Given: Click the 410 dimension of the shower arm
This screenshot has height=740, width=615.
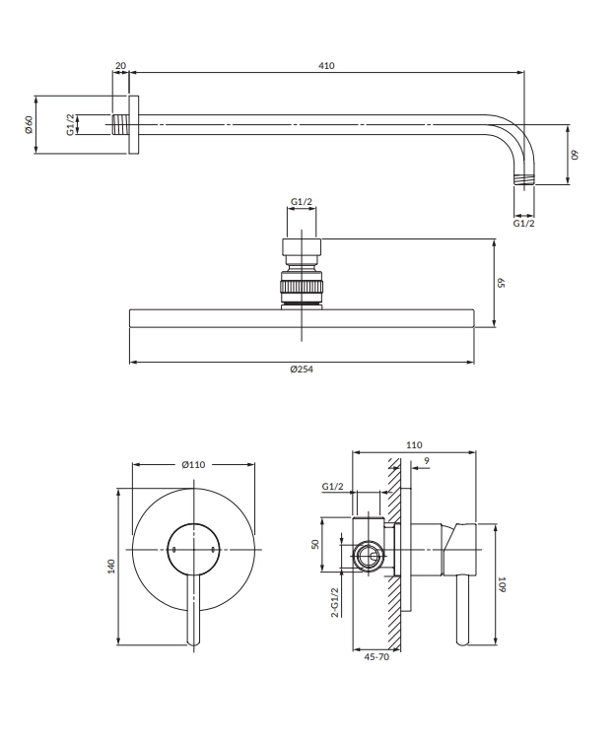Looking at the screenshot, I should [x=326, y=66].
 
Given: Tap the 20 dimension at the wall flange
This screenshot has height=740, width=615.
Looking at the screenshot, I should [x=120, y=66].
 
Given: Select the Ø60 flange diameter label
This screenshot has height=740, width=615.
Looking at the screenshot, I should [x=30, y=125].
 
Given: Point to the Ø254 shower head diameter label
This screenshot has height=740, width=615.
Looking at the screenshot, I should [x=303, y=370].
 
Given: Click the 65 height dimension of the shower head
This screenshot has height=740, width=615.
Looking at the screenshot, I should [x=501, y=282].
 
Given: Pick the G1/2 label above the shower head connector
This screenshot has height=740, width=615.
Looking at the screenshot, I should [x=302, y=203].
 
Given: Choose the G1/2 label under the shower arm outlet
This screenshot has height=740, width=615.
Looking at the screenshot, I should [x=524, y=224].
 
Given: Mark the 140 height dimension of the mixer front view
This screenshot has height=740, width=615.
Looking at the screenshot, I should [x=112, y=566].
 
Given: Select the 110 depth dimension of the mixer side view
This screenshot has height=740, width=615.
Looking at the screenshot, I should [x=414, y=445].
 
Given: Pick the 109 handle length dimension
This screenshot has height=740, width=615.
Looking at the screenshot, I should [x=502, y=583].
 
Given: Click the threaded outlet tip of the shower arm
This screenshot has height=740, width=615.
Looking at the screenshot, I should [x=524, y=180].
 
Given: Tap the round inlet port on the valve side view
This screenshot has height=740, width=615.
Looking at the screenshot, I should [x=369, y=557].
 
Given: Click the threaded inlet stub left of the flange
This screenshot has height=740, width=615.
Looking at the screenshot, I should [x=119, y=125].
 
